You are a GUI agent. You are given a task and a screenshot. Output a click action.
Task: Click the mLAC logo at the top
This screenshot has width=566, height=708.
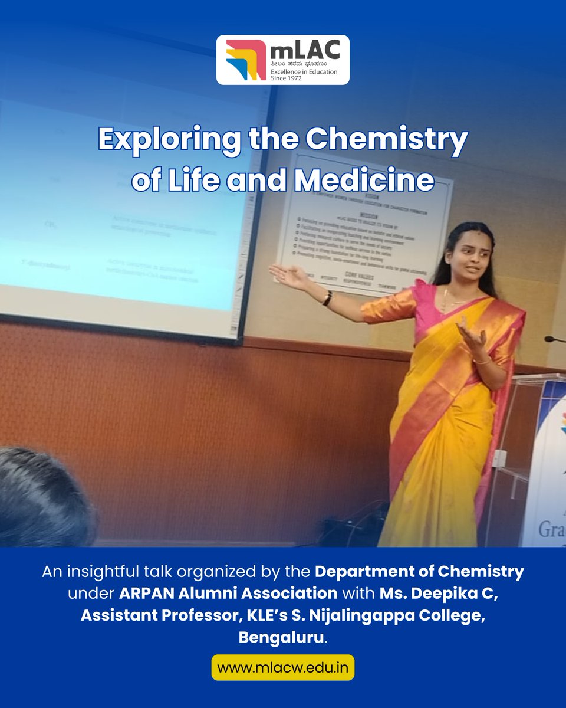(x=283, y=60)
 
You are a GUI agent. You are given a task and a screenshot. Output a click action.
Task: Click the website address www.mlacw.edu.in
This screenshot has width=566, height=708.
(x=283, y=668)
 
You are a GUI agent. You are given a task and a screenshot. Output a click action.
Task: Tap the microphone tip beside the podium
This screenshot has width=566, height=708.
(x=549, y=339)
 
